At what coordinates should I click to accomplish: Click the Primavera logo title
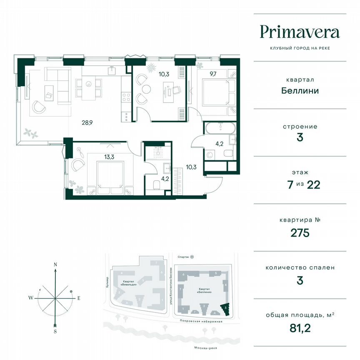(300, 32)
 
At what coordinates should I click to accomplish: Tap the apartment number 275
(300, 232)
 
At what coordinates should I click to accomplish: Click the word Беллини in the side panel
(300, 90)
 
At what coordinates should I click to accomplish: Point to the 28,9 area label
(87, 122)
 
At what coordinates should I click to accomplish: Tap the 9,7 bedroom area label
(213, 74)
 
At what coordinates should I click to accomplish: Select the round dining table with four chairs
(88, 84)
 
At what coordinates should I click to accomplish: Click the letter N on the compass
(55, 265)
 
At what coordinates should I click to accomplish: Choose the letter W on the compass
(31, 297)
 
